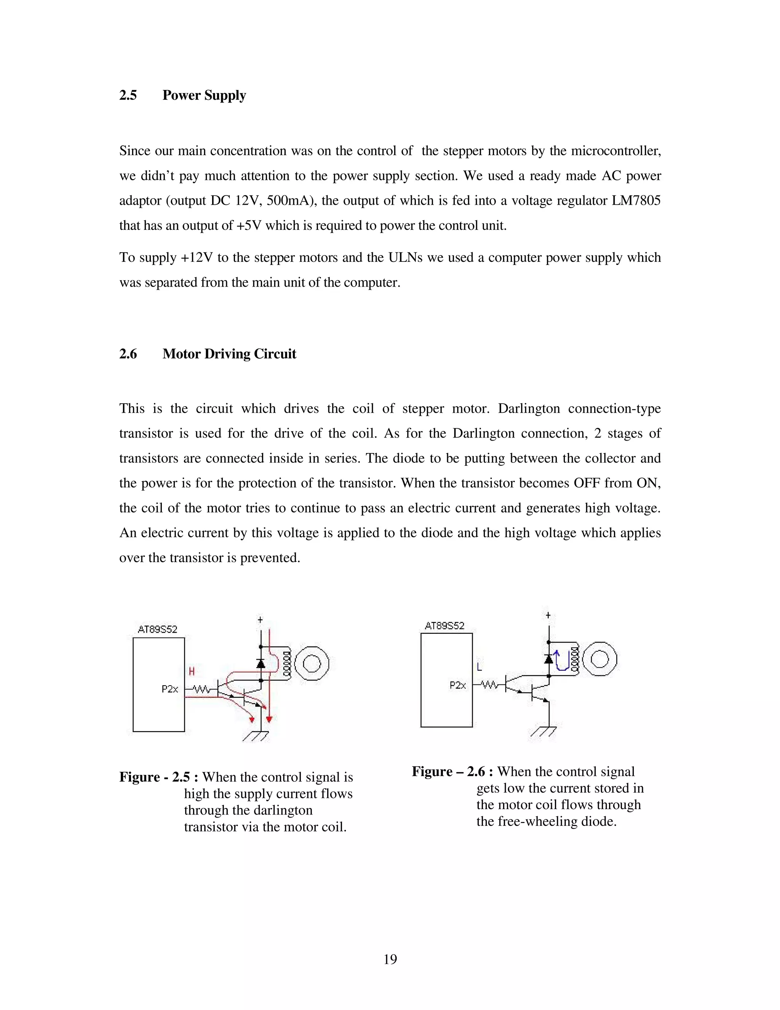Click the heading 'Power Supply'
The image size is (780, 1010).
pos(204,95)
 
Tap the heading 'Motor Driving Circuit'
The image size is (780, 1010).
pos(229,354)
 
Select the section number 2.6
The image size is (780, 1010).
pos(128,354)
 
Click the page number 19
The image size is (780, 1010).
pos(390,959)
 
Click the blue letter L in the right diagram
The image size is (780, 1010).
pos(479,667)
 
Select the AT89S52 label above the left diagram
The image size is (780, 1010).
pos(158,629)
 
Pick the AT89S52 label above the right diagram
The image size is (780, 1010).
pos(444,626)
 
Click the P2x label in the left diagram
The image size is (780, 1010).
pos(169,689)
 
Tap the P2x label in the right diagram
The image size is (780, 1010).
pos(457,685)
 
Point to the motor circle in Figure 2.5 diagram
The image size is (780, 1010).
pos(312,664)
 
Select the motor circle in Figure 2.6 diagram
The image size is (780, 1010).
pos(600,659)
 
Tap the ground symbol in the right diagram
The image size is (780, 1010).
pos(544,731)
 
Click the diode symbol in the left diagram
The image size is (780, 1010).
pos(261,664)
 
